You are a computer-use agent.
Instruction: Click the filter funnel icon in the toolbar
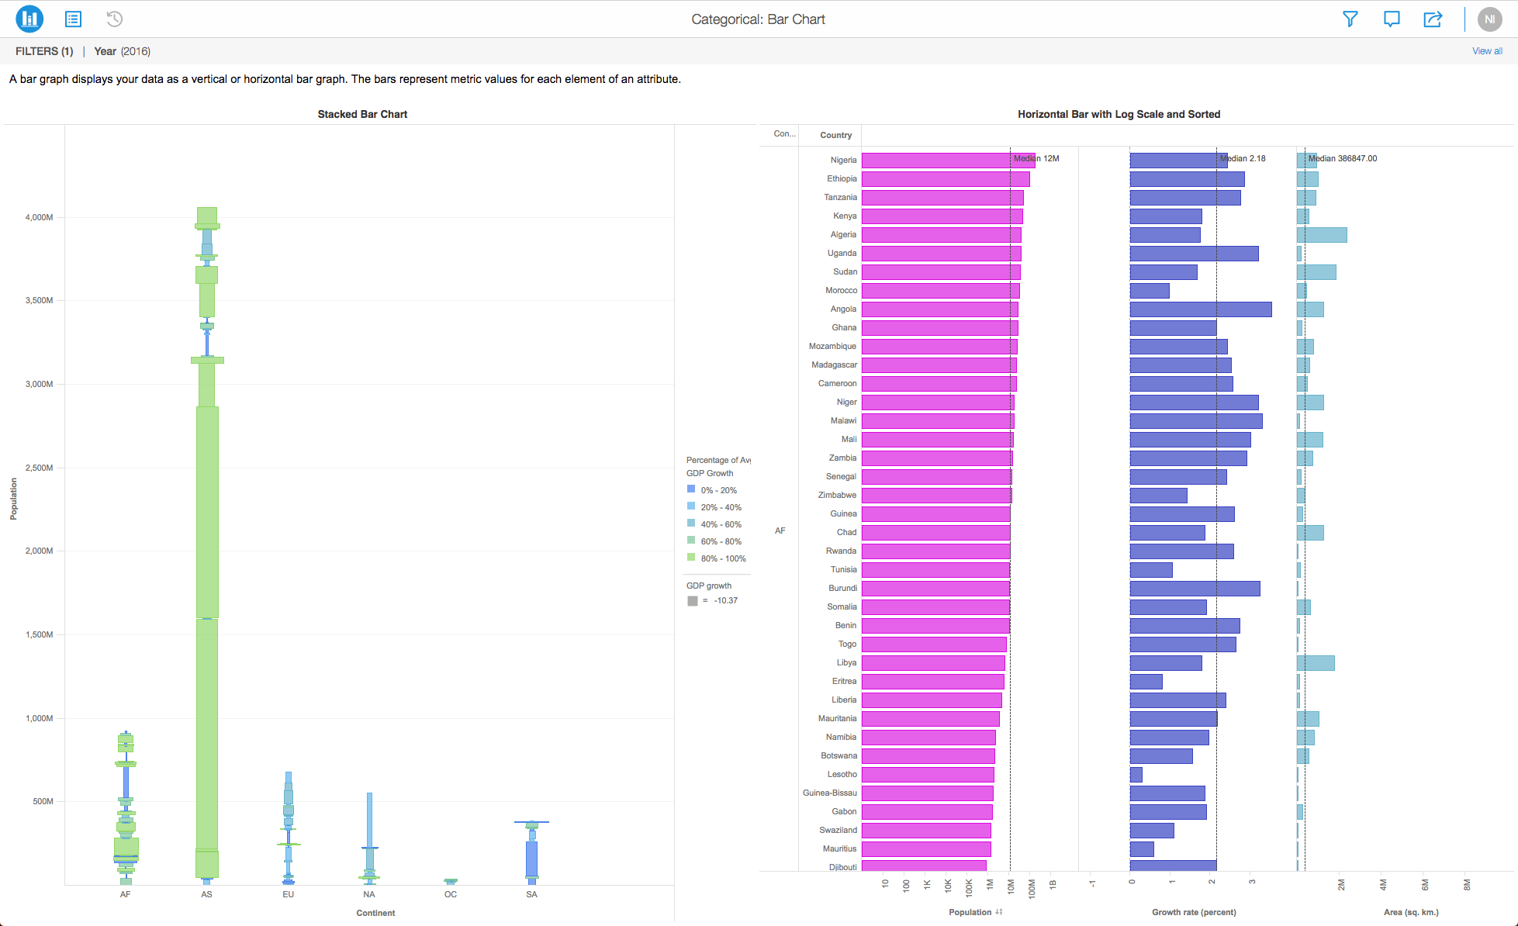(1350, 19)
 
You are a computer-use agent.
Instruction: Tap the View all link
(1486, 51)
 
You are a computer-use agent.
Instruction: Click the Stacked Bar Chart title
(362, 114)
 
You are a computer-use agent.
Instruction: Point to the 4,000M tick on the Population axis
(39, 217)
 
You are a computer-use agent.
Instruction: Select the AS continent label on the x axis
(206, 894)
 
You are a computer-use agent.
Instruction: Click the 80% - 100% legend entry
(722, 558)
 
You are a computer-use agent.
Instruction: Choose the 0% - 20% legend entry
(718, 490)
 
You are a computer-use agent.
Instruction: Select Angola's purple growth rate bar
(1200, 309)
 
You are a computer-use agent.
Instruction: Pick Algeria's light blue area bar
(1322, 235)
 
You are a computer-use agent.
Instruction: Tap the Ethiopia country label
(842, 178)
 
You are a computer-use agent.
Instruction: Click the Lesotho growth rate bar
(1136, 775)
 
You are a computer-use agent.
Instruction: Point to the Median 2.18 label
(1243, 158)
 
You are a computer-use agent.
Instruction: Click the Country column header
(835, 135)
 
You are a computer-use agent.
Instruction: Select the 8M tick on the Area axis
(1466, 885)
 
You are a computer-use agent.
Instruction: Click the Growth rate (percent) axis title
(1194, 912)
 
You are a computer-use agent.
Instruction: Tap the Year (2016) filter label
(122, 51)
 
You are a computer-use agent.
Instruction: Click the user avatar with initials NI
(1489, 19)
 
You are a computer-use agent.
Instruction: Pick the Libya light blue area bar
(1316, 663)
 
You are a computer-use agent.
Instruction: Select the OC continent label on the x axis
(451, 894)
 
